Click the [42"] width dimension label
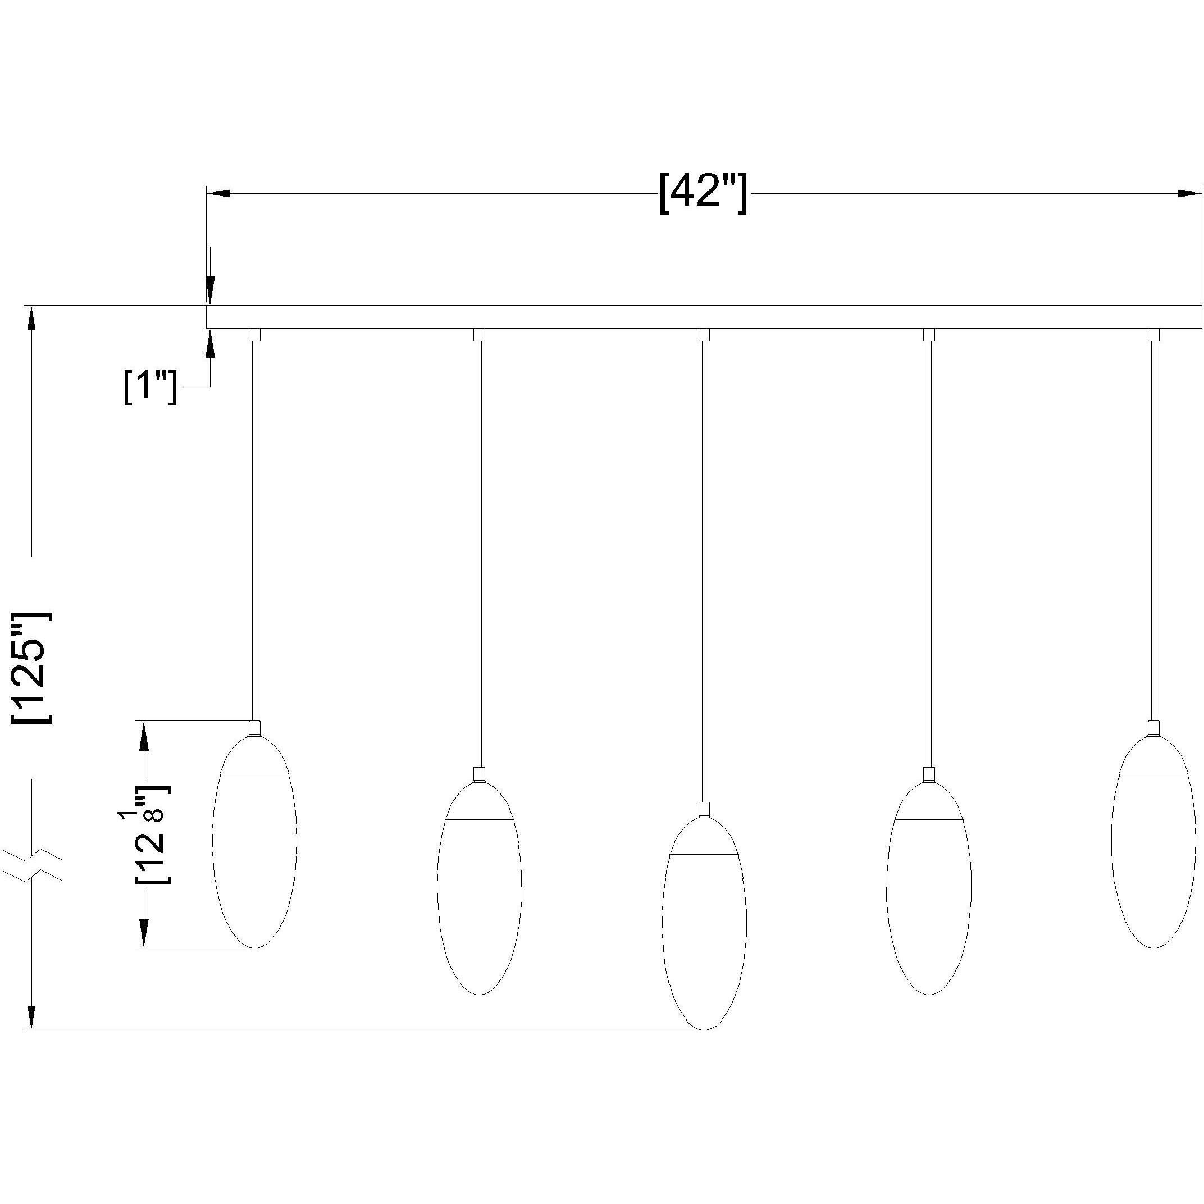703,193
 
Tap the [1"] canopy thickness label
150,387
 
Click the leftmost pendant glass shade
254,841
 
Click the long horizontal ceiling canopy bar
703,317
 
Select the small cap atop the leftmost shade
254,728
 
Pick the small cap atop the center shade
704,810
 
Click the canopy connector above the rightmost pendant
1153,335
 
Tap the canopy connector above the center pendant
704,335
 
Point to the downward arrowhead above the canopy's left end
210,291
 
